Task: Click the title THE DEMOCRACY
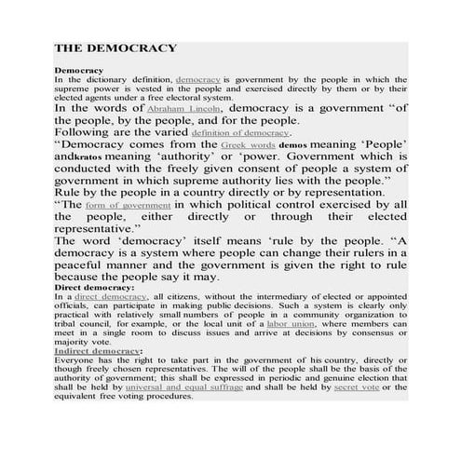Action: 115,47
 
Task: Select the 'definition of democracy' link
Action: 241,134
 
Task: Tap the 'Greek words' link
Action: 249,147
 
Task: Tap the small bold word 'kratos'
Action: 87,161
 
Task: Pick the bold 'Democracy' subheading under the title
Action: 78,71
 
